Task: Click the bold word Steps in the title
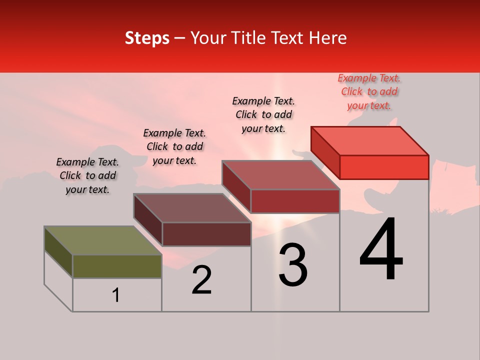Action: click(x=147, y=38)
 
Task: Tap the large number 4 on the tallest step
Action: click(x=381, y=250)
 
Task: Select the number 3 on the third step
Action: click(x=293, y=265)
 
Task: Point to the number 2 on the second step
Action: click(x=202, y=280)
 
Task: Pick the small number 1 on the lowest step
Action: click(x=116, y=295)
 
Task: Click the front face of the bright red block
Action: click(x=384, y=167)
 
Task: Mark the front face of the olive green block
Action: click(x=117, y=266)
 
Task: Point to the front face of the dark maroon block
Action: click(x=206, y=234)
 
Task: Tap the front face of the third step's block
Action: click(x=295, y=201)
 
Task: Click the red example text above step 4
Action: click(x=369, y=92)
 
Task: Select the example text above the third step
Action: click(x=263, y=114)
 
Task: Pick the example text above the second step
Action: click(x=174, y=146)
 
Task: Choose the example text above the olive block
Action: click(x=87, y=175)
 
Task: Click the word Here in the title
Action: click(x=328, y=38)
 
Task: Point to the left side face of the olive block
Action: click(x=58, y=252)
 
